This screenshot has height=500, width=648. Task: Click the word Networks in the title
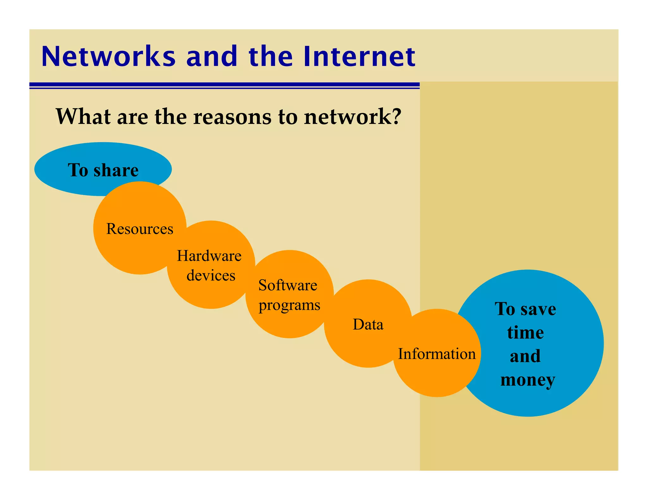point(108,57)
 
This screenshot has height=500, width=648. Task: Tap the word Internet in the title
point(359,57)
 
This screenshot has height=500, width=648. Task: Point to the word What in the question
point(83,117)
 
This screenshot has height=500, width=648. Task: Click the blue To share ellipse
point(63,177)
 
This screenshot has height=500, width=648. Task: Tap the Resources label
point(140,229)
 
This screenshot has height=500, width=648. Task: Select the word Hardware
point(209,256)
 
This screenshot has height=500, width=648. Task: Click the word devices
point(211,276)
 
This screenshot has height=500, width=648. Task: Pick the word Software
point(288,285)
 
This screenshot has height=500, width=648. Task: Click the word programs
point(289,305)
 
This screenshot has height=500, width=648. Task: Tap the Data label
point(368,325)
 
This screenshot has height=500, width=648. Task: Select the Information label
point(437,354)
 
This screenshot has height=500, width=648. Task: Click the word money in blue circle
point(527,380)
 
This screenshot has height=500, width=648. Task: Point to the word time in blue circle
point(525,333)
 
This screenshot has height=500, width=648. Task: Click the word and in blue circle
point(525,356)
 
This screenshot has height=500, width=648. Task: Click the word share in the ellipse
point(116,170)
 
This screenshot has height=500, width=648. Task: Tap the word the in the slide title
point(271,57)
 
